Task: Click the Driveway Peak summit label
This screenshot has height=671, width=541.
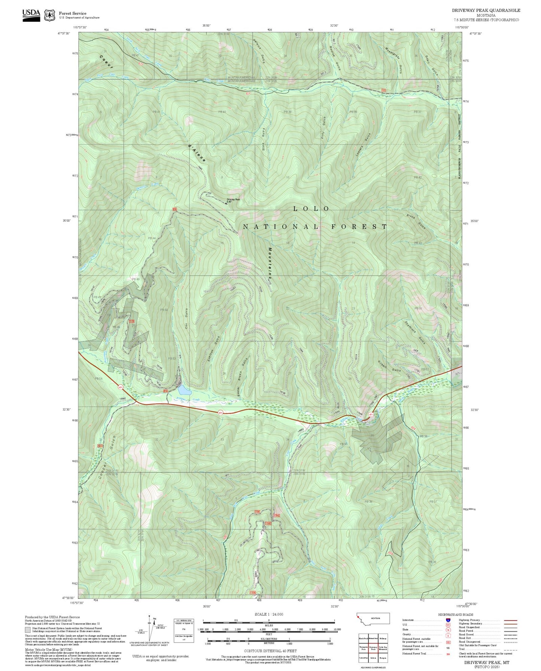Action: click(232, 200)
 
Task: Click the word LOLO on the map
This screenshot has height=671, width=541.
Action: click(311, 209)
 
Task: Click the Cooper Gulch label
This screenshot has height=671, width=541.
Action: click(106, 457)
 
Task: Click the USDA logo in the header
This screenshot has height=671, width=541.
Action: click(31, 15)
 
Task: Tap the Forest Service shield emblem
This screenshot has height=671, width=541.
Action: click(49, 15)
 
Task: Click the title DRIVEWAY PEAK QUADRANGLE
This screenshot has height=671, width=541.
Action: click(486, 10)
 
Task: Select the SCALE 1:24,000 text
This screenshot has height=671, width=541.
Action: click(268, 614)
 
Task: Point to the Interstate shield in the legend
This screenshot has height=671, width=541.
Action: click(448, 620)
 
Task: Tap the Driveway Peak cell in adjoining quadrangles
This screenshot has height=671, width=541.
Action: click(373, 647)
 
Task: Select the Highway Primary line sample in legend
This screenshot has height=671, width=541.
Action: click(510, 620)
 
